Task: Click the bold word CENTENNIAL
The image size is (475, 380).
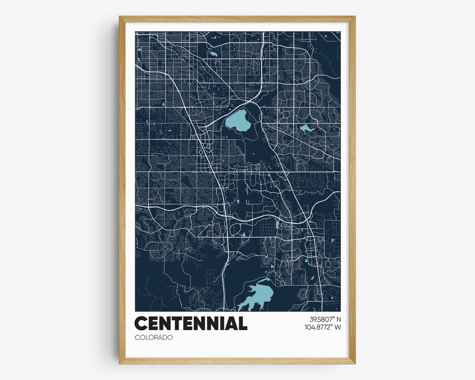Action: (190, 324)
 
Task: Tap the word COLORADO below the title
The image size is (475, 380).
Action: (153, 337)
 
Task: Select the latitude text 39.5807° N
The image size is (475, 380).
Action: (322, 319)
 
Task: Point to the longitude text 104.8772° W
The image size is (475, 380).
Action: (322, 327)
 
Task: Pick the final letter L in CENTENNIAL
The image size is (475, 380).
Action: (243, 324)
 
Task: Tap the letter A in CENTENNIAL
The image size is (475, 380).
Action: (232, 324)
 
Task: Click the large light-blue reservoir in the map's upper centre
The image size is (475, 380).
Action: (236, 121)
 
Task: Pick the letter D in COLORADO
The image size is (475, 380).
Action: (164, 337)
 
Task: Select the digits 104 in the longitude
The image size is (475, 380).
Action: (310, 327)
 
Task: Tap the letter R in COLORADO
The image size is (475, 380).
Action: (154, 337)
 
